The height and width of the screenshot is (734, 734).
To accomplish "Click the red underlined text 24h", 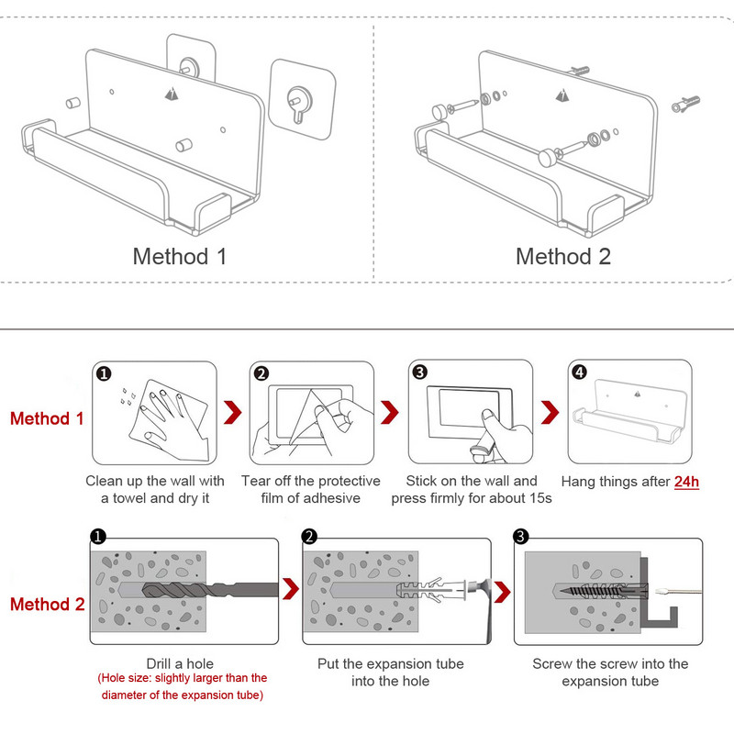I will [686, 481].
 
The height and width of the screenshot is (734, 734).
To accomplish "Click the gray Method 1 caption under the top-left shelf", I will [180, 256].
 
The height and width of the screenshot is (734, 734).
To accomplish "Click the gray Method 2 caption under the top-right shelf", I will [562, 256].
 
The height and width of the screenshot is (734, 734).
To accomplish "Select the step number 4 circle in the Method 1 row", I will [579, 372].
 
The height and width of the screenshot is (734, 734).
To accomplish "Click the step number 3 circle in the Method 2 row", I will [522, 537].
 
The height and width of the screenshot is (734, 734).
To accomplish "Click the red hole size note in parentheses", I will [183, 686].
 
